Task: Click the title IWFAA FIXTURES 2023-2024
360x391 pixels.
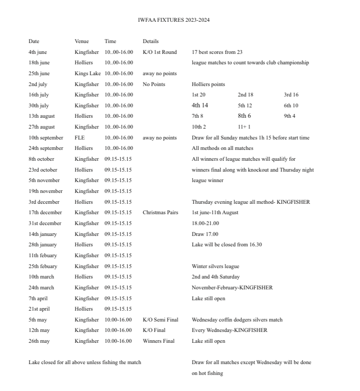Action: (173, 20)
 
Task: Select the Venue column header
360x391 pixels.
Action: (81, 41)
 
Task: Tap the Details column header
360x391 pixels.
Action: (150, 41)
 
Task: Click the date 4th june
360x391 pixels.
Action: (38, 52)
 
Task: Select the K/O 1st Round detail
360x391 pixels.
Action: (160, 52)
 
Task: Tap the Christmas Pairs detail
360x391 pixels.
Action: (160, 212)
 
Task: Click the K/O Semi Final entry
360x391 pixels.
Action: (160, 320)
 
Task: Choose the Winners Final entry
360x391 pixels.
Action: (159, 341)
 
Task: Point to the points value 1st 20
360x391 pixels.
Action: (199, 95)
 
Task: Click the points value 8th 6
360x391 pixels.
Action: (244, 116)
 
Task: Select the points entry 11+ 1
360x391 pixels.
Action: (244, 127)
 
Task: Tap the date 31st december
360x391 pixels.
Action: (45, 223)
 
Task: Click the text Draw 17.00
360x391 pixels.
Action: (204, 234)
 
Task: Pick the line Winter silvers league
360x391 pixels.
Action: (215, 266)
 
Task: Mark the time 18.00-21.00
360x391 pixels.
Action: (205, 223)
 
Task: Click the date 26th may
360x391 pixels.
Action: (39, 341)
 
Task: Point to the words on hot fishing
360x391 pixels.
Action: (207, 373)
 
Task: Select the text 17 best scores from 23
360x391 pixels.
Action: (217, 52)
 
